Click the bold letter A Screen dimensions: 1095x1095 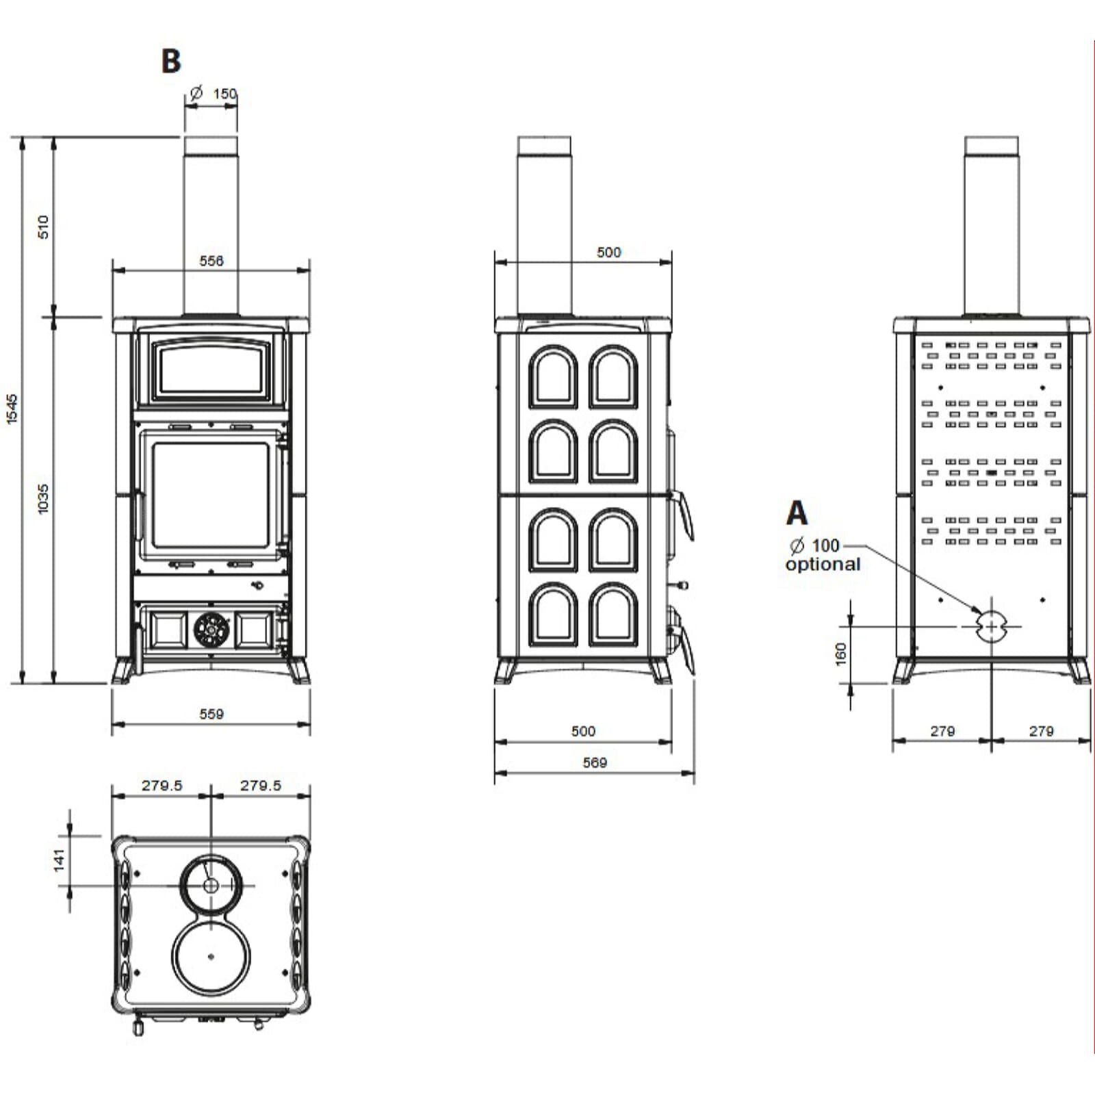pos(797,513)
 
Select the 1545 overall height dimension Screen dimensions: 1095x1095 pos(12,409)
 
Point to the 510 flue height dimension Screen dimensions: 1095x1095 pos(44,227)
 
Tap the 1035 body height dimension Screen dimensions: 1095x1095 pos(44,499)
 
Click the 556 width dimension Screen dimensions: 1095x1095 pos(211,261)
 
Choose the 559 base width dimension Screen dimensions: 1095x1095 pos(211,714)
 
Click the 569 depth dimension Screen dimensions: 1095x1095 pos(594,762)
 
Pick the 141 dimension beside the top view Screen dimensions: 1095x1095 pos(60,860)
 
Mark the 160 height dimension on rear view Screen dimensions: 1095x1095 pos(841,654)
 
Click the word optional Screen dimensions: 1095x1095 pos(823,565)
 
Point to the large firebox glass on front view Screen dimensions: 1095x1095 pos(211,494)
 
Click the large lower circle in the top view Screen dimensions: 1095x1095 pos(211,955)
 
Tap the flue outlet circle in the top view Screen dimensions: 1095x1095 pos(211,885)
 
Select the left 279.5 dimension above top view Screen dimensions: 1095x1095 pos(162,786)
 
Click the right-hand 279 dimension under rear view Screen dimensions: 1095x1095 pos(1041,731)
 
